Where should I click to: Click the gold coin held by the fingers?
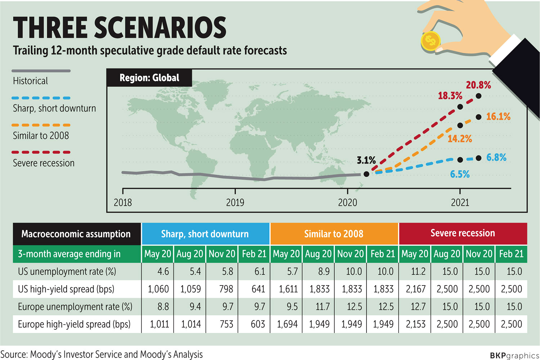coord(431,41)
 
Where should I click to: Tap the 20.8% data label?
coord(478,85)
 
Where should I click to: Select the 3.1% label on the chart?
coord(366,160)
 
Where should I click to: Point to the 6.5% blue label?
coord(460,175)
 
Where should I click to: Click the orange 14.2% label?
coord(460,139)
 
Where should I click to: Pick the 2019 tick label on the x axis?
coord(235,203)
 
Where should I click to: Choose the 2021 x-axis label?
coord(460,203)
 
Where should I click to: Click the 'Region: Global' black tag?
coord(149,78)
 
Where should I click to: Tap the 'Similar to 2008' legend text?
coord(41,136)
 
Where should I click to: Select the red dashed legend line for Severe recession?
coord(41,152)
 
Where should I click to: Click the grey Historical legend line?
coord(41,71)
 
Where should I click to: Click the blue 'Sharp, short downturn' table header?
coord(205,234)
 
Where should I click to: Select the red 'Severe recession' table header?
coord(463,233)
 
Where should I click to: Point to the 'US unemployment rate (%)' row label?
coord(67,271)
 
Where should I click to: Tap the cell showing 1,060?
coord(158,289)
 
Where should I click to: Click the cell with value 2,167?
coord(416,289)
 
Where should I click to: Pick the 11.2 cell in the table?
coord(418,271)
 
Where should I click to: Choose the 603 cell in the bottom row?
coord(258,324)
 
